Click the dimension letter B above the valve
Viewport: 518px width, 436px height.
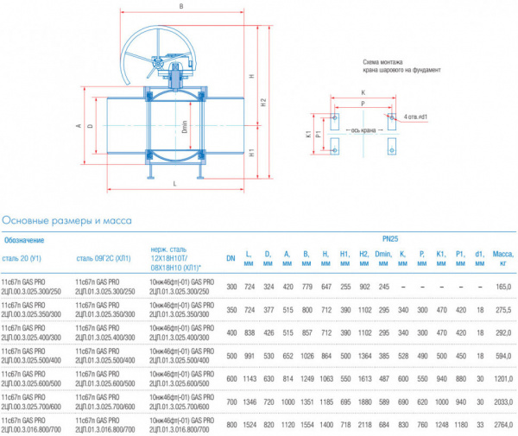(180, 7)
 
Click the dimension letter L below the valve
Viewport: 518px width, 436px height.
(175, 185)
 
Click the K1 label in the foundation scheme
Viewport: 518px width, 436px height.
(309, 135)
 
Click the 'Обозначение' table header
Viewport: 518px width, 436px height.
(26, 239)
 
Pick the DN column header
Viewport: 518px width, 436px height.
(231, 257)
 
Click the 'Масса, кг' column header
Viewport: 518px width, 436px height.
(503, 258)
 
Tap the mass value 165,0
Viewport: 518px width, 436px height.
(503, 286)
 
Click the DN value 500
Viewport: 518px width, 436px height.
(231, 355)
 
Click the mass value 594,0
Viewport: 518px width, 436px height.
(503, 355)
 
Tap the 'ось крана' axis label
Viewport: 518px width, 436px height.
(363, 130)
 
